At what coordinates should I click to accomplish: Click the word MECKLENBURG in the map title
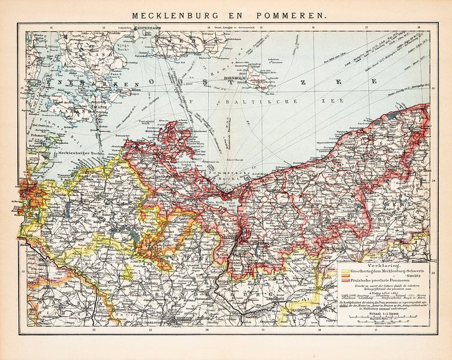[x=170, y=17]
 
